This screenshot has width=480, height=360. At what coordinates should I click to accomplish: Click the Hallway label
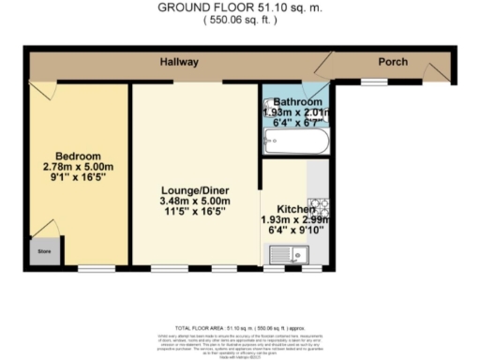177,63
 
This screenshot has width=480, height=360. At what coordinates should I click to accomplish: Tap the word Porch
392,63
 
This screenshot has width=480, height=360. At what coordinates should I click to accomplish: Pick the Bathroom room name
299,100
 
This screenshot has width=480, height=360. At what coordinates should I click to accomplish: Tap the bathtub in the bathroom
295,143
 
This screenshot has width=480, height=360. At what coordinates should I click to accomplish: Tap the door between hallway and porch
323,66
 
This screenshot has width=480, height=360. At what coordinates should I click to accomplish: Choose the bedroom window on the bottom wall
91,269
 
